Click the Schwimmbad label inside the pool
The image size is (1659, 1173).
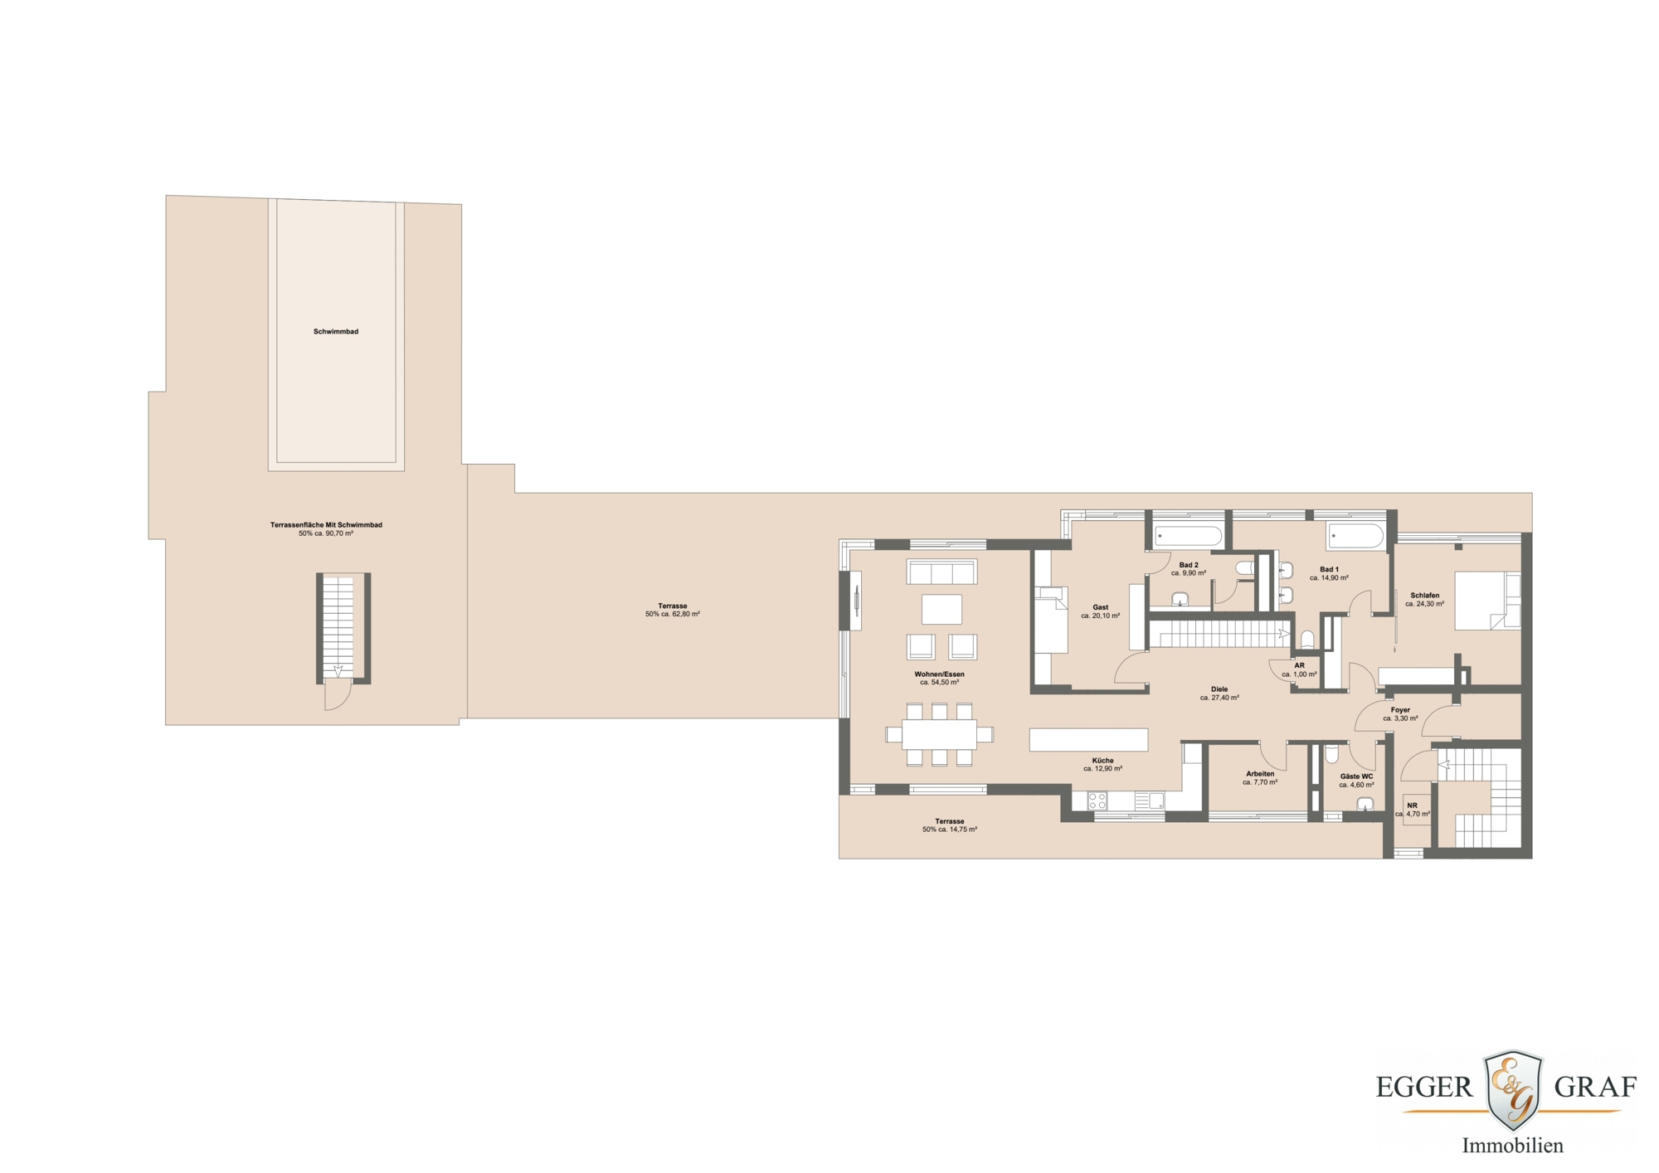[336, 332]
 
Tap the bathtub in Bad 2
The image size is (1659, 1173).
[1188, 536]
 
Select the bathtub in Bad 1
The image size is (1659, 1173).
[1355, 536]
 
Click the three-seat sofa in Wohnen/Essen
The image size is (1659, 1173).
[941, 572]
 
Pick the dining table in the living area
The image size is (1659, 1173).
[939, 734]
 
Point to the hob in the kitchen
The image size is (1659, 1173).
[1097, 801]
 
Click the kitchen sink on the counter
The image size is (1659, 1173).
[1149, 801]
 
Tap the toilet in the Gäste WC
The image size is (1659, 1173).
[1331, 755]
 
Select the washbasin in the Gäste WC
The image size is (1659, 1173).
[1365, 804]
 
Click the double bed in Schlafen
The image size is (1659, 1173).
[1487, 600]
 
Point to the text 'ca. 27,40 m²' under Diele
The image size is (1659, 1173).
[1219, 698]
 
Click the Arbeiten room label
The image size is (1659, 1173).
[1260, 774]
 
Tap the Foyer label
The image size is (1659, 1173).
[1400, 710]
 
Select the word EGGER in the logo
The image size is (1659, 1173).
[1423, 1087]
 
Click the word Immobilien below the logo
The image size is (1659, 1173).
[1512, 1146]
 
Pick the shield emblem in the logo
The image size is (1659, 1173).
[1512, 1088]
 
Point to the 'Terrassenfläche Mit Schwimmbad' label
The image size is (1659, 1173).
[326, 525]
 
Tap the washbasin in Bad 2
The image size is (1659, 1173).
[1180, 599]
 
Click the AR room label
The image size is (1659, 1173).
[1299, 665]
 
